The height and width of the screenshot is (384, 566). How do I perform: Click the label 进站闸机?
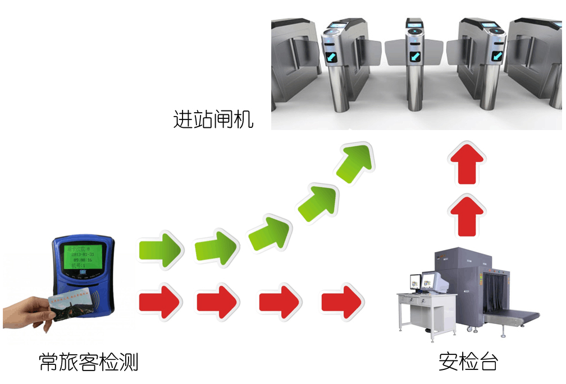pos(214,120)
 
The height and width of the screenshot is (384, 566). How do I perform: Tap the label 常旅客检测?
pos(88,362)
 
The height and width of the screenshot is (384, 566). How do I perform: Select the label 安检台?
pos(468,362)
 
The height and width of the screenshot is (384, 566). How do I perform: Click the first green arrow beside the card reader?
pos(161,248)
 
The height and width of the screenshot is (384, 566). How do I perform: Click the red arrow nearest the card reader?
pos(160,302)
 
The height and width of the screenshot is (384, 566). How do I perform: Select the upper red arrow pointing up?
pos(467,163)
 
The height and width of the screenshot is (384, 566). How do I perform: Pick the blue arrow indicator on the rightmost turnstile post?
pos(498,55)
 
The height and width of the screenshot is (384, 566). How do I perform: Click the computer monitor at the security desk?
pos(431,280)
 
